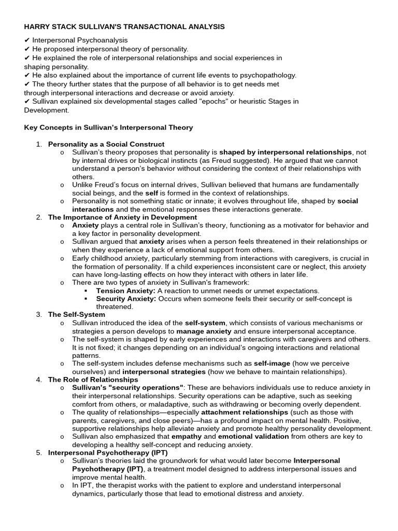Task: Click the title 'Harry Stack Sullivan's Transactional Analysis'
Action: (124, 26)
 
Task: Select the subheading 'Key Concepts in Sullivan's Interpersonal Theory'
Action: (108, 128)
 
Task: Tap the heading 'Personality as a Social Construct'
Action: (106, 144)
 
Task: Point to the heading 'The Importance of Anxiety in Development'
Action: (122, 217)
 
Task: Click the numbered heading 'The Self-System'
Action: (77, 315)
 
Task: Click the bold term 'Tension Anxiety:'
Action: (126, 291)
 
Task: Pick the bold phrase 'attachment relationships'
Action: (241, 412)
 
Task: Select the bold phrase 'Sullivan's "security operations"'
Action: (127, 388)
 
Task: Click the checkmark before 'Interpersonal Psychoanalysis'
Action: (27, 40)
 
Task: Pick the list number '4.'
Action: (39, 380)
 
